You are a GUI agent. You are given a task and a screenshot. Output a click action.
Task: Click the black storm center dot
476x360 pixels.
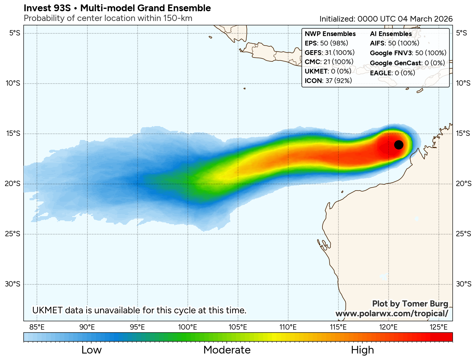point(399,145)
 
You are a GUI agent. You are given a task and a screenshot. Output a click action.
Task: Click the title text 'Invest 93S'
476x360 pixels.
point(47,8)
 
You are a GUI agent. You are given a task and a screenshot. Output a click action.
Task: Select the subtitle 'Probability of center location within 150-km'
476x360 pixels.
point(108,18)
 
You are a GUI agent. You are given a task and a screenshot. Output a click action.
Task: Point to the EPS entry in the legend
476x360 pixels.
point(326,43)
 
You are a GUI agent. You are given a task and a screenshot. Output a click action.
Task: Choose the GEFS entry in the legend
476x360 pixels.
point(330,53)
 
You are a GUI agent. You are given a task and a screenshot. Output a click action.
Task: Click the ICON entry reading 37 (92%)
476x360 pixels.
point(328,81)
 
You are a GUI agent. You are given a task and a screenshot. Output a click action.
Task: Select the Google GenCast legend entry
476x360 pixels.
point(407,63)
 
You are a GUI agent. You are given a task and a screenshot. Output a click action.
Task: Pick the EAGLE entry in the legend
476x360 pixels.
point(392,73)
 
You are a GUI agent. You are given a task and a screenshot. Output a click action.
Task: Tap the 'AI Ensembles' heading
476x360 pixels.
point(391,34)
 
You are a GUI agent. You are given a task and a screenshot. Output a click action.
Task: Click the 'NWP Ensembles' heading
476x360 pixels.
point(330,34)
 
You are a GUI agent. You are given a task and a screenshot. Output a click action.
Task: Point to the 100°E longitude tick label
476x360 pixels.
point(188,327)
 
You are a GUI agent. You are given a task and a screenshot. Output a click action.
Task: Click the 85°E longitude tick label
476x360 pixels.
point(37,327)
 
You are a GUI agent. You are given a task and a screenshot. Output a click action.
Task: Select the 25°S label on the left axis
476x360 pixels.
point(13,234)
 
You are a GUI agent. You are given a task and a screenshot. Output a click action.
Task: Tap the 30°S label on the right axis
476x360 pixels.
point(463,284)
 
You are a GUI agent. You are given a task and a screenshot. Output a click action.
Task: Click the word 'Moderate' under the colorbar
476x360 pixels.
point(227,350)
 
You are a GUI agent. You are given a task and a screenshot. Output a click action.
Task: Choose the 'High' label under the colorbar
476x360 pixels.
point(362,350)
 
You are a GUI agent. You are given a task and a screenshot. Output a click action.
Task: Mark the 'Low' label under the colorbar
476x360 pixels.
point(92,350)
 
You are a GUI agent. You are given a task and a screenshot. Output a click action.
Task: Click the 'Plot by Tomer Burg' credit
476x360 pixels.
point(410,304)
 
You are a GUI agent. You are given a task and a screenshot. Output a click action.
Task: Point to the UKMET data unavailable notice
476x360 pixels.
point(139,310)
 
